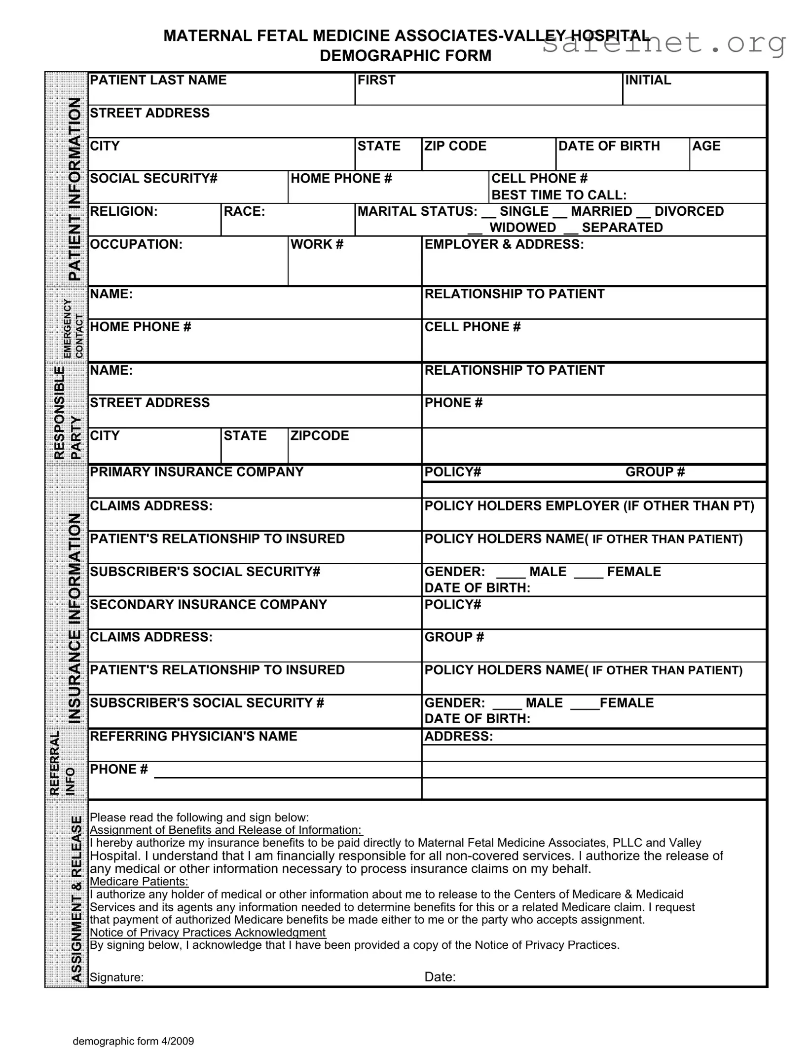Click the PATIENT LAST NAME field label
coord(158,80)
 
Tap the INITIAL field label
coord(648,80)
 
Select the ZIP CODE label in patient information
coord(455,146)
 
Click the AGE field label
coord(706,146)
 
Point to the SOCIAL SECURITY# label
coord(153,179)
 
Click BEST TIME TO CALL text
coord(559,195)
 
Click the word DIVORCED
coord(689,211)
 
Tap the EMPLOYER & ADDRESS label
coord(504,244)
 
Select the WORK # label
coord(317,244)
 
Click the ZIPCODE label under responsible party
coord(319,436)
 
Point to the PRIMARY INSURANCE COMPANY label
coord(196,472)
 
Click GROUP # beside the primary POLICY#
coord(655,472)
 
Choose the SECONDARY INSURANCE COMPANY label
coord(208,605)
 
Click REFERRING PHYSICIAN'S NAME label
coord(193,736)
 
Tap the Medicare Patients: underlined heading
coord(139,882)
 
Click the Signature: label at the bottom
coord(116,977)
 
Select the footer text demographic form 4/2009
coord(133,1041)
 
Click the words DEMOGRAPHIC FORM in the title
coord(405,56)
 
